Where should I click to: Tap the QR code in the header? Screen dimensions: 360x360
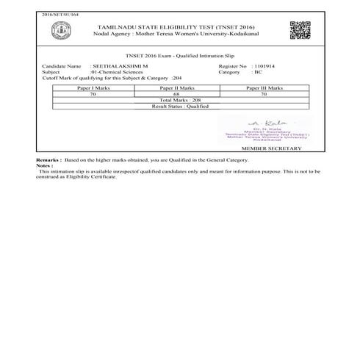click(300, 30)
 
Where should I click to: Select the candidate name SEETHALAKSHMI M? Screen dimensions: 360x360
click(118, 66)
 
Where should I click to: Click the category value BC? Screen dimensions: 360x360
click(256, 72)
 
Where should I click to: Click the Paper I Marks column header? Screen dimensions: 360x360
click(93, 87)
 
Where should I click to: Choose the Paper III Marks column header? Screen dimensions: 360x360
click(264, 87)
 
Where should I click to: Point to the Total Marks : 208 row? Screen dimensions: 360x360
click(180, 100)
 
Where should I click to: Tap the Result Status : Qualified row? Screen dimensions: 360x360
click(180, 106)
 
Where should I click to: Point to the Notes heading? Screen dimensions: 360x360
click(45, 165)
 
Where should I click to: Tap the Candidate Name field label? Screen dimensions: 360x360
click(61, 66)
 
